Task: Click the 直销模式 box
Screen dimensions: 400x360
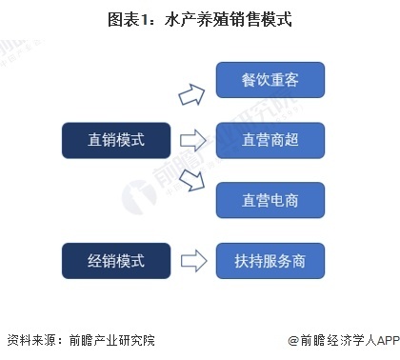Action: [116, 140]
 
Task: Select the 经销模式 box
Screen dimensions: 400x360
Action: [116, 258]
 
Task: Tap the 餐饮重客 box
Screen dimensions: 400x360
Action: [270, 81]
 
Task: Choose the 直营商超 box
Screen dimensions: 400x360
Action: [270, 140]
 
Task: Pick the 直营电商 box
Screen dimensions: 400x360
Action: [270, 199]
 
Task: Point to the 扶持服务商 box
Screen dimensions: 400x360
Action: [270, 258]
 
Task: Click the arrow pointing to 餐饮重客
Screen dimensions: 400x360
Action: [193, 93]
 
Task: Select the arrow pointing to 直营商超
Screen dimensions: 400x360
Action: [193, 141]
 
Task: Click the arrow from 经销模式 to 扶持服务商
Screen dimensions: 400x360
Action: [193, 259]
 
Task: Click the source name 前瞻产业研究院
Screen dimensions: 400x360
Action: [111, 340]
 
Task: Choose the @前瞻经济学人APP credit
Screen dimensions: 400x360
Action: [337, 340]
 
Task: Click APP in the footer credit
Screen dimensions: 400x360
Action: [379, 340]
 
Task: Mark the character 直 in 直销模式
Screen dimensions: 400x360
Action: [94, 140]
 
